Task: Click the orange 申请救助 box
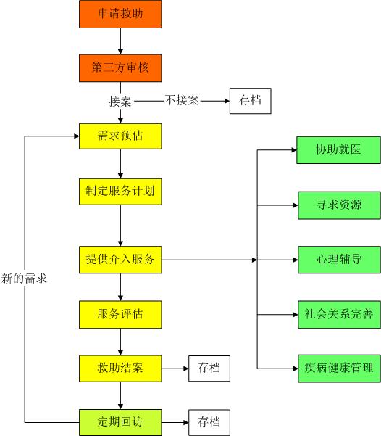[x=120, y=15]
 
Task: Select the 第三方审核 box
[x=120, y=68]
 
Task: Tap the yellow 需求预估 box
[x=120, y=136]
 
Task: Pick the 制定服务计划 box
[x=120, y=192]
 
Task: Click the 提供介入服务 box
[x=120, y=260]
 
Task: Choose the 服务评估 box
[x=120, y=315]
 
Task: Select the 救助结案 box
[x=120, y=369]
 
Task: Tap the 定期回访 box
[x=120, y=422]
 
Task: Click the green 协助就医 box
[x=338, y=150]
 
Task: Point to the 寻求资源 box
[x=339, y=205]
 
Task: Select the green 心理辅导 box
[x=339, y=260]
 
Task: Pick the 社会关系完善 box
[x=339, y=315]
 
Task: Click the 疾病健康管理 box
[x=339, y=369]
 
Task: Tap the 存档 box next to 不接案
[x=250, y=101]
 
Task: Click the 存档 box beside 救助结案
[x=209, y=369]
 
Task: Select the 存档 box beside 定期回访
[x=209, y=422]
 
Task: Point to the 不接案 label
[x=182, y=100]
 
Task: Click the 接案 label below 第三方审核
[x=120, y=102]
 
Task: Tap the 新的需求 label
[x=24, y=279]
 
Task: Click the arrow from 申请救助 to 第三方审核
[x=120, y=41]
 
